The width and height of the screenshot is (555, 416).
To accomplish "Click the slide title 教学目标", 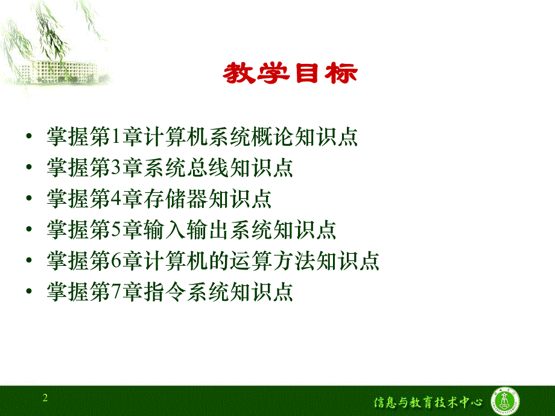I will tap(290, 74).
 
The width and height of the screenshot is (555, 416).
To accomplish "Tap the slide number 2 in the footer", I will tap(45, 398).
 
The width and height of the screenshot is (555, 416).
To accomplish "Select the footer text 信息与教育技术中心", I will tap(428, 401).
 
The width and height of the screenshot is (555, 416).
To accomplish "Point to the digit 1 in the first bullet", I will tap(116, 137).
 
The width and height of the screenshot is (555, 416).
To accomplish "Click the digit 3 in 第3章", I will tap(116, 168).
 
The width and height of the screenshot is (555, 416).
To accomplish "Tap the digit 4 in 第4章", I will tap(116, 199).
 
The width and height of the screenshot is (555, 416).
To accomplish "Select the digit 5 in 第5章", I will tap(116, 230).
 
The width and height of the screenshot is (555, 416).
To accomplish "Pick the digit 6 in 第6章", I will tap(116, 261).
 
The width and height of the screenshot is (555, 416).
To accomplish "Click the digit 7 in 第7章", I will tap(116, 292).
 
